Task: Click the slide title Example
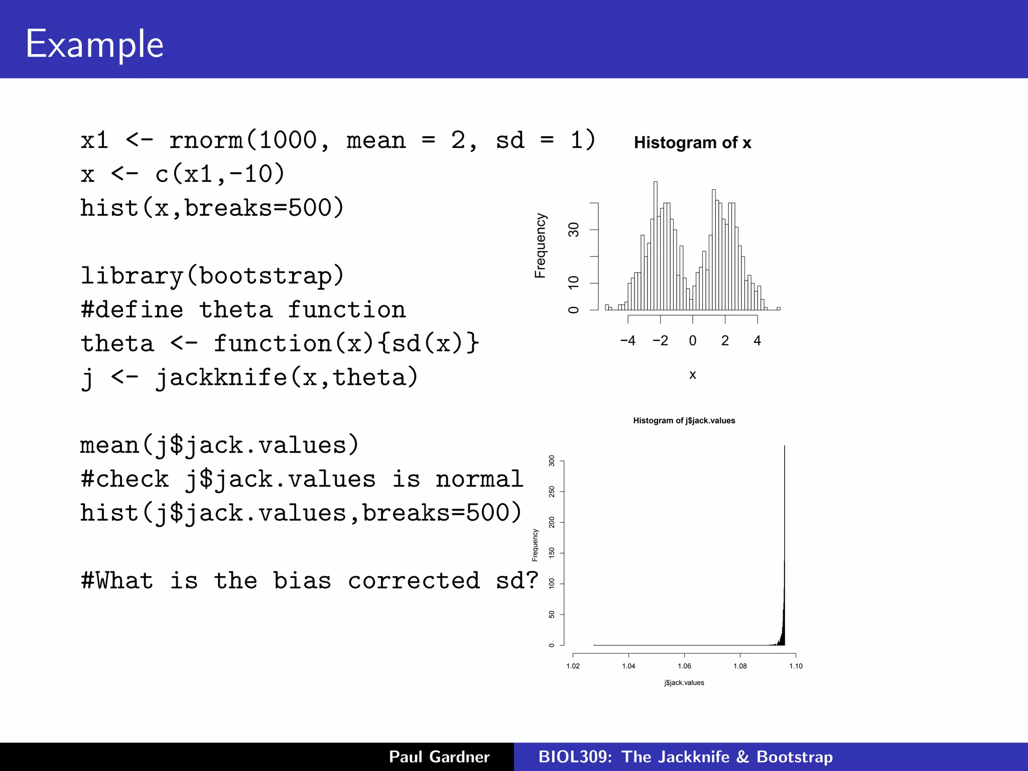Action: pyautogui.click(x=94, y=44)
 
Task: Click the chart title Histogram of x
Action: pyautogui.click(x=692, y=143)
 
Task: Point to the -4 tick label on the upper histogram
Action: pyautogui.click(x=627, y=341)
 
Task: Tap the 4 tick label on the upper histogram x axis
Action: pyautogui.click(x=757, y=341)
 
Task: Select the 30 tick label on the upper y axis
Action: pyautogui.click(x=573, y=230)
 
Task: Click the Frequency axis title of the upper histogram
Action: pyautogui.click(x=540, y=245)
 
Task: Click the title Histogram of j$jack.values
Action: pyautogui.click(x=684, y=421)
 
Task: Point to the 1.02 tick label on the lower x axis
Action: pyautogui.click(x=573, y=666)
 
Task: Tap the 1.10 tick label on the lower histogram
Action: pyautogui.click(x=796, y=666)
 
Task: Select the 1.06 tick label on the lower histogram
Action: pyautogui.click(x=684, y=666)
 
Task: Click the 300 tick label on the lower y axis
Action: pyautogui.click(x=552, y=461)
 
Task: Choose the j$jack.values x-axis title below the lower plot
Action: pyautogui.click(x=684, y=683)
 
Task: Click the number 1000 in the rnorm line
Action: pyautogui.click(x=288, y=140)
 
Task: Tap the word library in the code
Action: pyautogui.click(x=132, y=276)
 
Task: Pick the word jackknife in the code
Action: pyautogui.click(x=221, y=377)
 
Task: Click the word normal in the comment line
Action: pyautogui.click(x=479, y=479)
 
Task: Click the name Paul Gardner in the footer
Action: pyautogui.click(x=439, y=756)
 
